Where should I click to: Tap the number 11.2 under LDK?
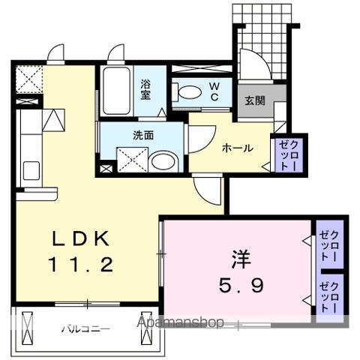[82, 264]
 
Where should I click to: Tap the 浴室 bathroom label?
[145, 90]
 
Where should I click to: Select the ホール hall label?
[236, 148]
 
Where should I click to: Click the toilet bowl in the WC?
[188, 93]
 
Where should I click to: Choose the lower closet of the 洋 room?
[328, 297]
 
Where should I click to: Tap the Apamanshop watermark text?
[181, 323]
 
